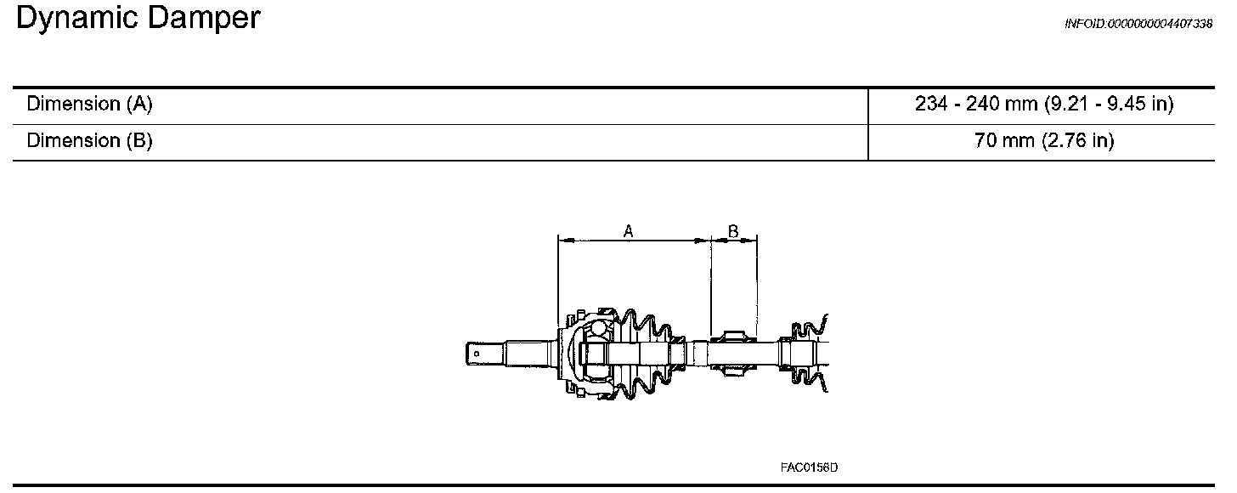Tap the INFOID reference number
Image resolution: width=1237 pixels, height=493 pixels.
1138,24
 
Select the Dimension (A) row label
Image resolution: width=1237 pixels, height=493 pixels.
89,105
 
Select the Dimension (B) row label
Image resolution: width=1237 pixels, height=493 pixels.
89,140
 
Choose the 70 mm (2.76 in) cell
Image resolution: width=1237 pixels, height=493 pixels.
1044,140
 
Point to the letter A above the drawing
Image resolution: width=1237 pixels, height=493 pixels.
629,230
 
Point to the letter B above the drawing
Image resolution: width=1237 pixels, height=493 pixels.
733,230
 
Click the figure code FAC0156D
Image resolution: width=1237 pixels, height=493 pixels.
809,467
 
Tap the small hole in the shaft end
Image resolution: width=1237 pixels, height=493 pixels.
477,353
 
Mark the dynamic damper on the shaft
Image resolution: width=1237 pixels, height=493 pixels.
732,353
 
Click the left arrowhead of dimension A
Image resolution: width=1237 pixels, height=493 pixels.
562,241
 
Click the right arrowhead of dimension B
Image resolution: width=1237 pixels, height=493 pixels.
753,241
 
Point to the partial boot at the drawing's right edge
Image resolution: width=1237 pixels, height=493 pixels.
807,353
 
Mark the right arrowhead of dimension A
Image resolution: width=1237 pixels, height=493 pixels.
705,241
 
